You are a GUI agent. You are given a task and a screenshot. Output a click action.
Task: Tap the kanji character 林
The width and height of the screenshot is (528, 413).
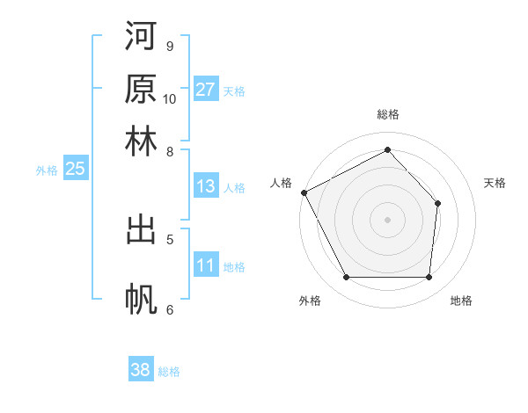point(141,142)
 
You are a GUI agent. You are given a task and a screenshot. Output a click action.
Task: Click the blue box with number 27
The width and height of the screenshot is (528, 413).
point(206,90)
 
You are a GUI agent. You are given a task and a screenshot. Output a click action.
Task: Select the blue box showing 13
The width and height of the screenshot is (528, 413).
point(206,186)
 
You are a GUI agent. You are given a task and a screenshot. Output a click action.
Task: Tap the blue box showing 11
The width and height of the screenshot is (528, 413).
point(206,266)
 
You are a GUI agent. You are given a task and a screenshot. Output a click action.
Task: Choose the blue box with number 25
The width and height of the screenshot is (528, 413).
point(75,170)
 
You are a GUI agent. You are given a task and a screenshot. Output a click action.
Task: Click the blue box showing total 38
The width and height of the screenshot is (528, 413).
point(141,370)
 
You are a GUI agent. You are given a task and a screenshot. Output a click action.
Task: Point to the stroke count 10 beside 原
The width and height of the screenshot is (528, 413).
point(170,98)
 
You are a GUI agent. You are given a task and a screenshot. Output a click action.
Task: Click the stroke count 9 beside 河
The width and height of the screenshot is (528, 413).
point(169,46)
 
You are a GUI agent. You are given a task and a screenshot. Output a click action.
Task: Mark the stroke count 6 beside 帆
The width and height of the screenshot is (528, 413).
point(169,309)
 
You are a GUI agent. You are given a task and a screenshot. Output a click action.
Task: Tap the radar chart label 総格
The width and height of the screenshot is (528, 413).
point(387,114)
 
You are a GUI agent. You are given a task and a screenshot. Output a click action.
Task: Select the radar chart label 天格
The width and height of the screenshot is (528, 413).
point(495,183)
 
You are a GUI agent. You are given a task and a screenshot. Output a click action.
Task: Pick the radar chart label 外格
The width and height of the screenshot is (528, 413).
point(310,301)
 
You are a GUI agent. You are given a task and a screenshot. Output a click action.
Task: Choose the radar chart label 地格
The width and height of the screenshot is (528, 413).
point(461,301)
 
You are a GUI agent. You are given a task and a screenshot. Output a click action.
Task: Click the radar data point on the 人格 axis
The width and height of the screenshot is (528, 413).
point(304,192)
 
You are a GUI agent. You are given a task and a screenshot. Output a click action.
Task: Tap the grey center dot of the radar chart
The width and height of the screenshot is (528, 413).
point(387,219)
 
